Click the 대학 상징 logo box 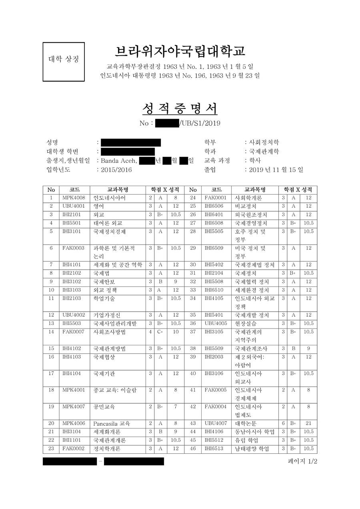pyautogui.click(x=64, y=62)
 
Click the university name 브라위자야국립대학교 pyautogui.click(x=180, y=51)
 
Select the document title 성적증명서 pyautogui.click(x=180, y=108)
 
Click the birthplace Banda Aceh pyautogui.click(x=119, y=161)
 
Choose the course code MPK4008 pyautogui.click(x=74, y=198)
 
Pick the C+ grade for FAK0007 pyautogui.click(x=160, y=332)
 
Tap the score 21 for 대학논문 pyautogui.click(x=308, y=423)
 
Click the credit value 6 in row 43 pyautogui.click(x=283, y=423)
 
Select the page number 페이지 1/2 pyautogui.click(x=302, y=461)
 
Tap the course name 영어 pyautogui.click(x=99, y=206)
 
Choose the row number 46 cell pyautogui.click(x=193, y=449)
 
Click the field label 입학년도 pyautogui.click(x=58, y=170)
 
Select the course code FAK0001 pyautogui.click(x=216, y=198)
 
